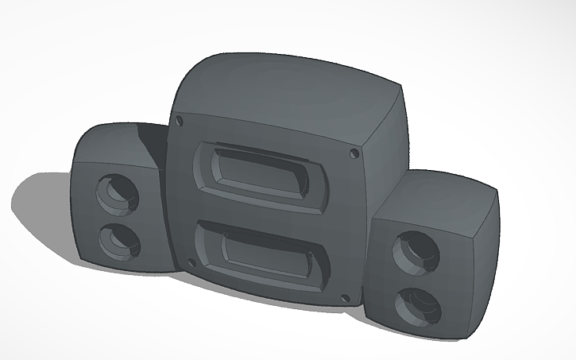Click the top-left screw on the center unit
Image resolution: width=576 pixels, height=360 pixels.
[180, 122]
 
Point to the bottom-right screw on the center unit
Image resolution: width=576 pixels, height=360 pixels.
[344, 298]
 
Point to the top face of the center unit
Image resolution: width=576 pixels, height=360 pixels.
[286, 91]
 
